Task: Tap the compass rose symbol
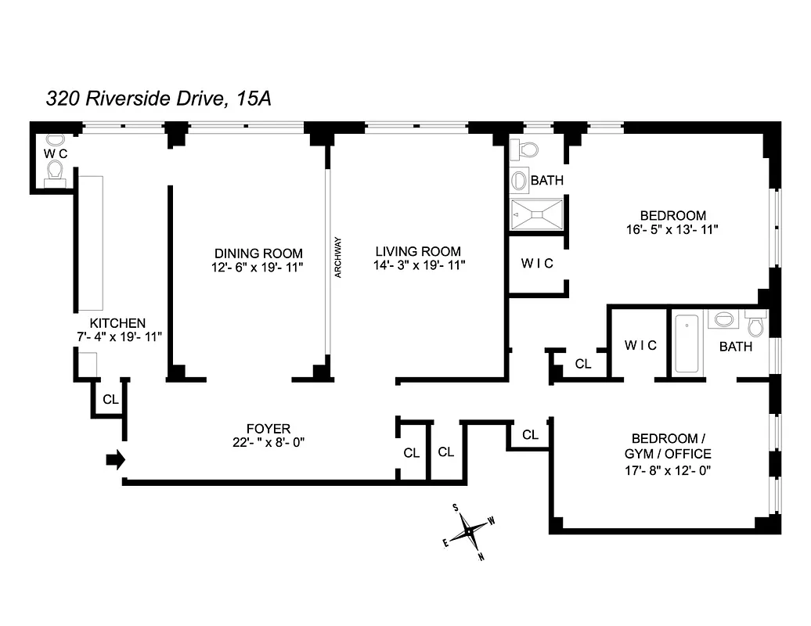(x=469, y=532)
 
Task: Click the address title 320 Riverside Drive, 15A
(x=159, y=99)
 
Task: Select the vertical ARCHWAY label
(x=338, y=257)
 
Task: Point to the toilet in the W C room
(x=55, y=171)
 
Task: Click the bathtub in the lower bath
(x=687, y=344)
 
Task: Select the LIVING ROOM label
(x=418, y=251)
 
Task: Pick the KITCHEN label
(x=117, y=322)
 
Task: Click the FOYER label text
(x=269, y=428)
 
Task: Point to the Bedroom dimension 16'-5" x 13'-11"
(x=672, y=229)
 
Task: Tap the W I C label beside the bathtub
(x=640, y=345)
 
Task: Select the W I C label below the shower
(x=537, y=264)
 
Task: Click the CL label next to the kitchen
(x=110, y=399)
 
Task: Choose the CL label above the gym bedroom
(x=530, y=434)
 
